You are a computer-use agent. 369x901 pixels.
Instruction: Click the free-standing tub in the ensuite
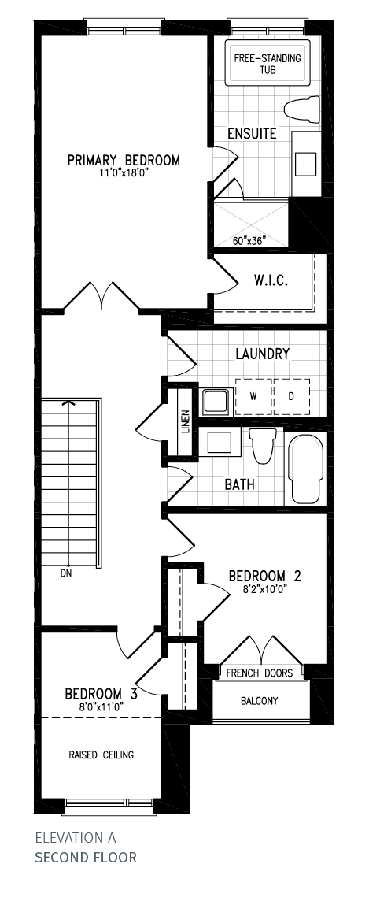(x=267, y=63)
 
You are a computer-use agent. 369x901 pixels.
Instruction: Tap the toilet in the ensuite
(x=302, y=110)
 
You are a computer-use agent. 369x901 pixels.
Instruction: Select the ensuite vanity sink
(x=306, y=164)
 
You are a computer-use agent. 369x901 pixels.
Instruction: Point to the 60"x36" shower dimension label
(x=249, y=241)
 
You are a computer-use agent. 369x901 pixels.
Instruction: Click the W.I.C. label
(x=271, y=281)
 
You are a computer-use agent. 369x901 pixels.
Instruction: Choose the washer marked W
(x=253, y=396)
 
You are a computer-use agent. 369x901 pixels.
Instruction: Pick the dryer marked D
(x=291, y=396)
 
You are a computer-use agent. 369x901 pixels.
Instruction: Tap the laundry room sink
(x=216, y=400)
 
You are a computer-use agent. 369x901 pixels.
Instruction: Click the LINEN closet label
(x=185, y=422)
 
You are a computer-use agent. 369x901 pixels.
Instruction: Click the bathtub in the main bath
(x=305, y=469)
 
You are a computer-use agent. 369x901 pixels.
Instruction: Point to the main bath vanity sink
(x=219, y=443)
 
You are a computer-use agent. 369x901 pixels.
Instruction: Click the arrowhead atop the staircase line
(x=69, y=403)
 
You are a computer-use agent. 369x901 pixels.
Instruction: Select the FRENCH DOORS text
(x=260, y=673)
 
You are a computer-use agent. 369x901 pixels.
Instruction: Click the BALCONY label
(x=260, y=700)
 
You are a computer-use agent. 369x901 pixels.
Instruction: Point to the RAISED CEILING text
(x=101, y=755)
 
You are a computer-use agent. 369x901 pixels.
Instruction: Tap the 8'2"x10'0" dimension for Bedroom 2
(x=257, y=588)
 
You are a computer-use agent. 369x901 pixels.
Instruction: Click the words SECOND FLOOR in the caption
(x=86, y=858)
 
